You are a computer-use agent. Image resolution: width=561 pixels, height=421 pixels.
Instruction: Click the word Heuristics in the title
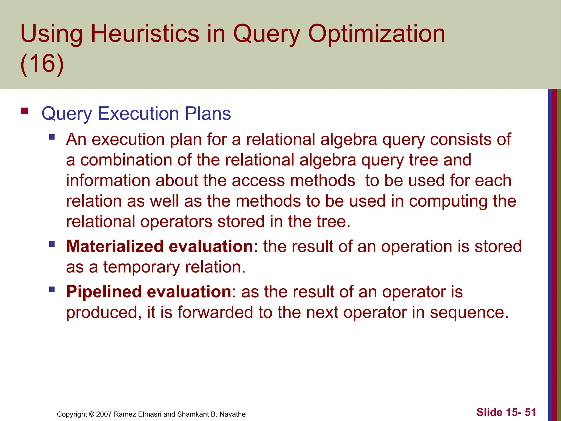[145, 34]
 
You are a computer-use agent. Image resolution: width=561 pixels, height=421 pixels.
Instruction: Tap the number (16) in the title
[42, 64]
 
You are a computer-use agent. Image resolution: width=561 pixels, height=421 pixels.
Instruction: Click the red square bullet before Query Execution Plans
[24, 111]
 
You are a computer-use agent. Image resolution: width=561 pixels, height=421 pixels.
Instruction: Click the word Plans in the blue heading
[208, 113]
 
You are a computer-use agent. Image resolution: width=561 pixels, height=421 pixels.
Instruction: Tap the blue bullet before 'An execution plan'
[52, 136]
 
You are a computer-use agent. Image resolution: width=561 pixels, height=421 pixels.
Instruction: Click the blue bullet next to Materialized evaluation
[52, 244]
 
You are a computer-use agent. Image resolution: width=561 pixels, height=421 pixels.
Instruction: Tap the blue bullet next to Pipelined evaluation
[52, 289]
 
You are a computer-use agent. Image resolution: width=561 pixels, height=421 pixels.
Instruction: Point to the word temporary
[141, 267]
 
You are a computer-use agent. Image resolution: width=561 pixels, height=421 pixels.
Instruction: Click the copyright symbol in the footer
[91, 414]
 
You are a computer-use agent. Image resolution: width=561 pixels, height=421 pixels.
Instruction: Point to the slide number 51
[530, 412]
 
